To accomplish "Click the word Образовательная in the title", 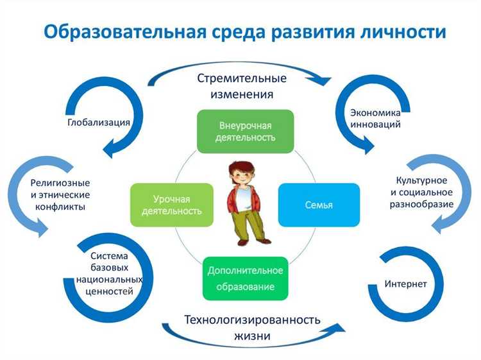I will pyautogui.click(x=122, y=32).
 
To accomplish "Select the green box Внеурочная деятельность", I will pyautogui.click(x=245, y=131).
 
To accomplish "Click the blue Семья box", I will pyautogui.click(x=319, y=205).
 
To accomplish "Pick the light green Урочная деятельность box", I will pyautogui.click(x=171, y=205).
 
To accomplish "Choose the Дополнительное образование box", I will pyautogui.click(x=245, y=279).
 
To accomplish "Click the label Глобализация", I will pyautogui.click(x=99, y=122).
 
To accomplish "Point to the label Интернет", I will pyautogui.click(x=405, y=283).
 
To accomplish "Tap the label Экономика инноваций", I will pyautogui.click(x=375, y=118).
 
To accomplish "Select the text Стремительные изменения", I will pyautogui.click(x=241, y=86).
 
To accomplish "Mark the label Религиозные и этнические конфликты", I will pyautogui.click(x=60, y=194).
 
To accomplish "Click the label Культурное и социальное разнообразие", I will pyautogui.click(x=421, y=193).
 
